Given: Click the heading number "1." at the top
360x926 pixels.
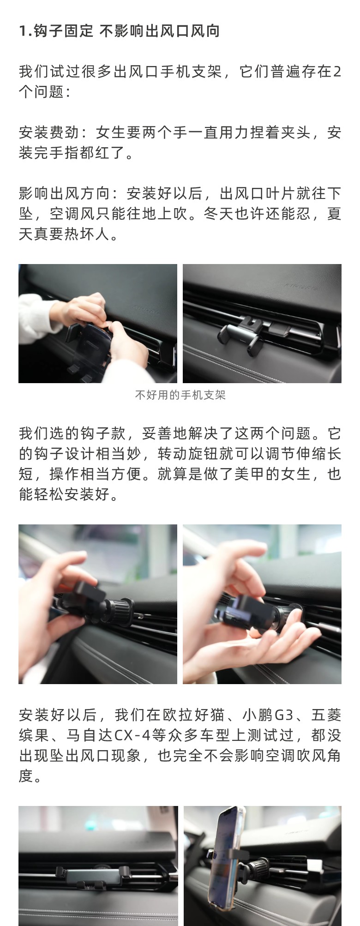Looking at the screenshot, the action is [x=26, y=31].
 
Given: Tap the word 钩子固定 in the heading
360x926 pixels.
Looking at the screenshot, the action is [x=64, y=31].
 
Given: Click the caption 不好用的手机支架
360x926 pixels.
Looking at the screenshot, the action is [x=180, y=395].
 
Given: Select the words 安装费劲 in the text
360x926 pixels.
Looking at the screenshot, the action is [x=49, y=132].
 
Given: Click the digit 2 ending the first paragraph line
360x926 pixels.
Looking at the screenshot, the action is [x=337, y=72].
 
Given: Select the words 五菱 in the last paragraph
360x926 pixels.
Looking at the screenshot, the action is [x=326, y=715].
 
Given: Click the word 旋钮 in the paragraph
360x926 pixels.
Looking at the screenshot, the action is [x=203, y=454].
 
